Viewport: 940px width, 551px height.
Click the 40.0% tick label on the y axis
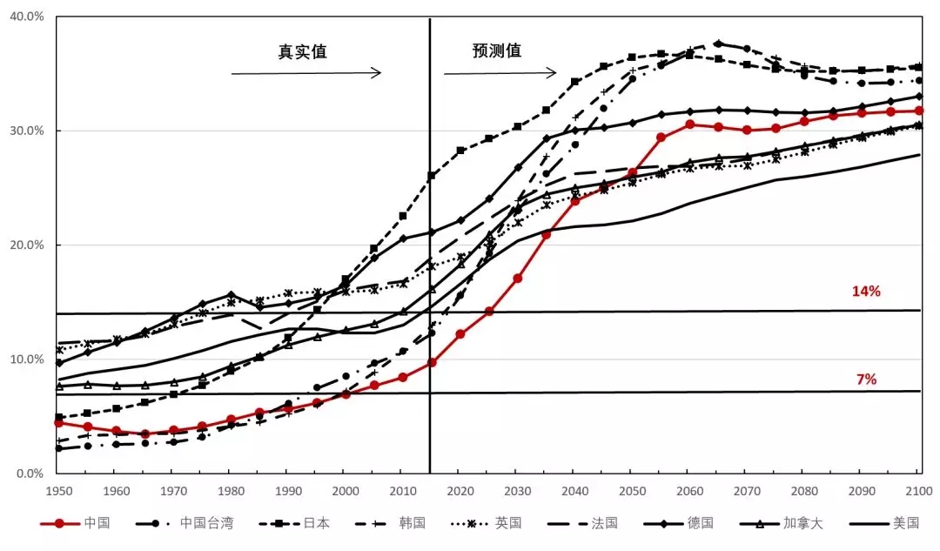coord(27,17)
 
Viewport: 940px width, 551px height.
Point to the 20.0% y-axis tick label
coord(27,245)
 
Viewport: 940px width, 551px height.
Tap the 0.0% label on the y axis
coord(30,474)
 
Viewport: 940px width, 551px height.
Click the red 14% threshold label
coord(866,292)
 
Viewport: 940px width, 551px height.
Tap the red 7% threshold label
coord(866,380)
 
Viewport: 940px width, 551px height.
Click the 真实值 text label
coord(302,51)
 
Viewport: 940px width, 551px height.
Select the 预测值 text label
coord(497,50)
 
